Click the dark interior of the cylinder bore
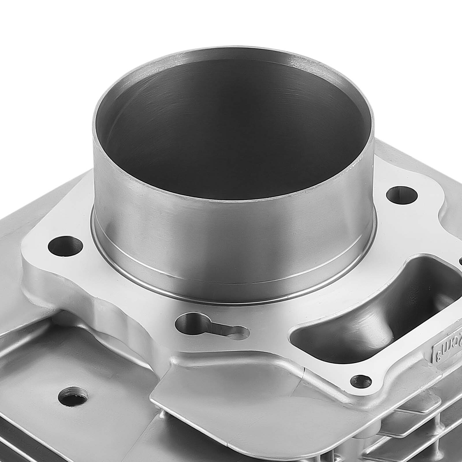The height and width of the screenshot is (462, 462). point(231,130)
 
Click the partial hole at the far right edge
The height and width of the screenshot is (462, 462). point(460,261)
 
